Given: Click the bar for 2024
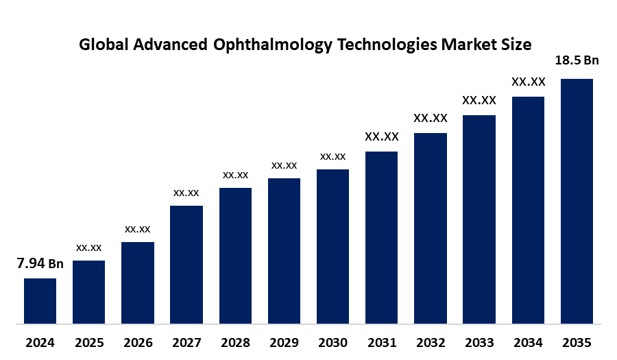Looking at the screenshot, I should (40, 300).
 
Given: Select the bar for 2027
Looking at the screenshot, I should (186, 264).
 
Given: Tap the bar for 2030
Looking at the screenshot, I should (332, 246).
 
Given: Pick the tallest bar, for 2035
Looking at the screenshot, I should (577, 200).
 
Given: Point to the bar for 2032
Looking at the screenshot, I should (431, 228).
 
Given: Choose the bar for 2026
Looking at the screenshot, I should (138, 282).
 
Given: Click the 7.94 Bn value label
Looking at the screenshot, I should (40, 264).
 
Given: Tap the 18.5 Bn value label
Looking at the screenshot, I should (577, 60).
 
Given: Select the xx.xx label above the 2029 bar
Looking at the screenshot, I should (284, 165).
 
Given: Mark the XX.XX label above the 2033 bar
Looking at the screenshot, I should (479, 100).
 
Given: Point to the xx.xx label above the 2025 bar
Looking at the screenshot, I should (89, 247).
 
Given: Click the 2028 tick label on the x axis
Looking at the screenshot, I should (235, 342).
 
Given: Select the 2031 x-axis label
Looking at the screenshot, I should (381, 342).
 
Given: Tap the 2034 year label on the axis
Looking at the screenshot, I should (528, 342).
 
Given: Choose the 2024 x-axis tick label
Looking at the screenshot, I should (40, 342).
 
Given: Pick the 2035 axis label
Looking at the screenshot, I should (577, 342).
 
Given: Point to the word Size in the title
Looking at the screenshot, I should (516, 45).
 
